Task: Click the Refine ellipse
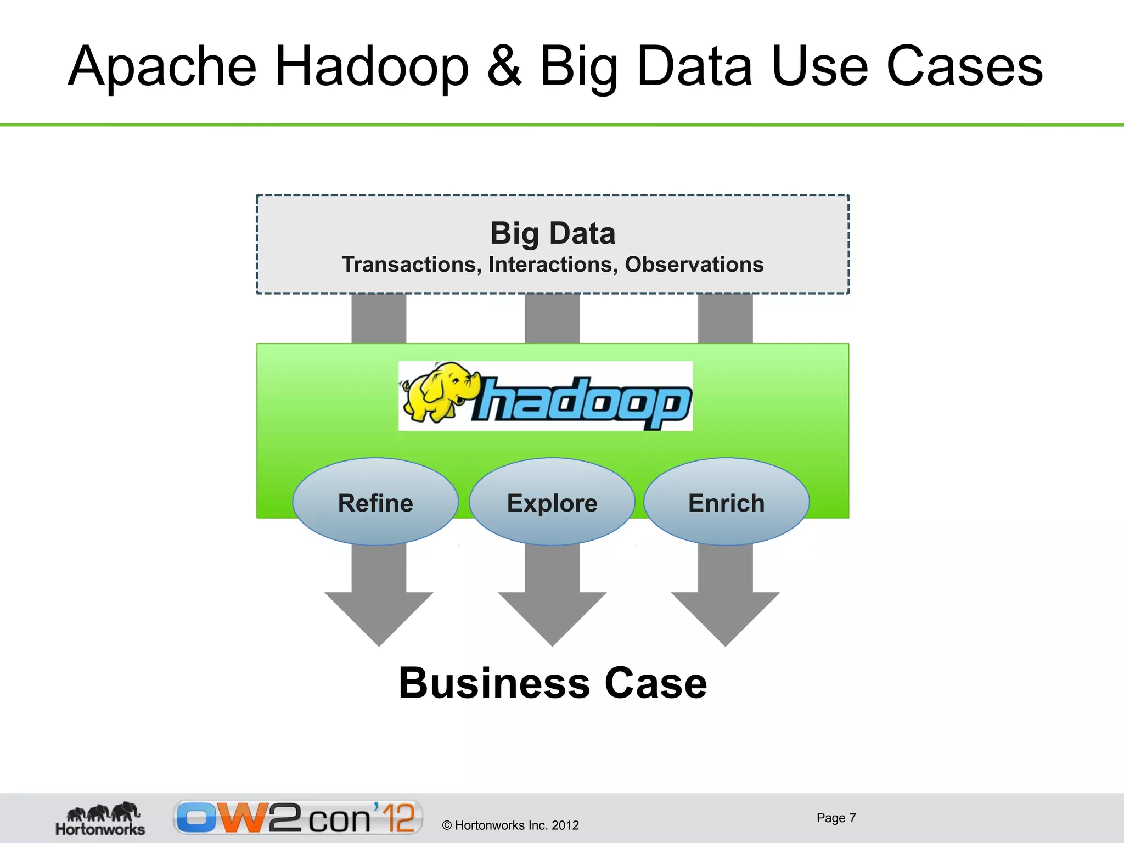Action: (375, 502)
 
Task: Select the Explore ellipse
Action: (552, 502)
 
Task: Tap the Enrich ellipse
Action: (726, 502)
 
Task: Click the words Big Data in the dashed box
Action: (553, 233)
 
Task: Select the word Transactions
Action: (412, 265)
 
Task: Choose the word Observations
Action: (694, 265)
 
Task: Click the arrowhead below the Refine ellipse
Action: (379, 615)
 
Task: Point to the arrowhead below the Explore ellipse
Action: (552, 615)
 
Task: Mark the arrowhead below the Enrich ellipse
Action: (725, 615)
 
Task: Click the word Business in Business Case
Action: (494, 683)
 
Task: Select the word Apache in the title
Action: (162, 67)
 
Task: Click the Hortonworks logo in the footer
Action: (100, 818)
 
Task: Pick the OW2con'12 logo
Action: (298, 817)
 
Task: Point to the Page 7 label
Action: (836, 818)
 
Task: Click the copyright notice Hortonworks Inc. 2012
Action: (510, 825)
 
